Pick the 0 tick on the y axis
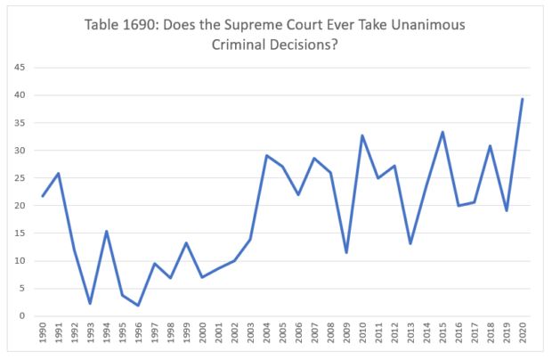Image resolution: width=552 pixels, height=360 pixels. click(22, 315)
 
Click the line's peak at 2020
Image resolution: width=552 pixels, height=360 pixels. click(522, 99)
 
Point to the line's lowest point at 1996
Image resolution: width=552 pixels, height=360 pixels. click(139, 306)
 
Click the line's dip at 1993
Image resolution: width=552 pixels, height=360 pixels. click(91, 304)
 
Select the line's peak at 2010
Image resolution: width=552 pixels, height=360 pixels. click(362, 135)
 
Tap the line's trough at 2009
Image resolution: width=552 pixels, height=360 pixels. click(346, 252)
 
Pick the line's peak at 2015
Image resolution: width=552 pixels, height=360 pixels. click(442, 132)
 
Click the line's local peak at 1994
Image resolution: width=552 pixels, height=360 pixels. click(107, 231)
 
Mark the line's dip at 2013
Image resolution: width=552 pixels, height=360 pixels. click(410, 243)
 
